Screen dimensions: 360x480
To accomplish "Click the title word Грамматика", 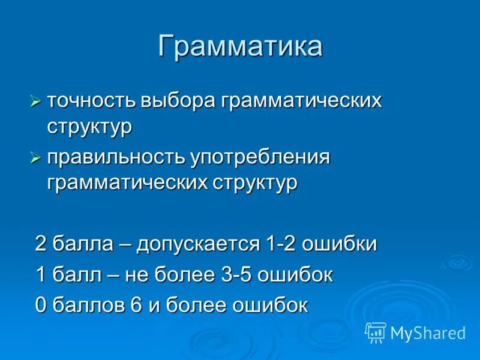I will (240, 47).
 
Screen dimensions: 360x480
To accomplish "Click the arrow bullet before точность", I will (36, 101).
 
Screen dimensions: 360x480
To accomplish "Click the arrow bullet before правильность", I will (36, 158).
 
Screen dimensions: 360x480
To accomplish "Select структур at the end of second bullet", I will (255, 183).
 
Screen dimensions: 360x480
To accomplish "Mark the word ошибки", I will (339, 244).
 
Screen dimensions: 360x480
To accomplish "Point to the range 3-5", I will (236, 275).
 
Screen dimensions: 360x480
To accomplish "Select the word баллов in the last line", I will (88, 305).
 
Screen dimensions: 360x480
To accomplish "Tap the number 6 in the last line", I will (136, 305).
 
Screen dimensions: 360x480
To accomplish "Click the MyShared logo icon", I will (376, 332).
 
